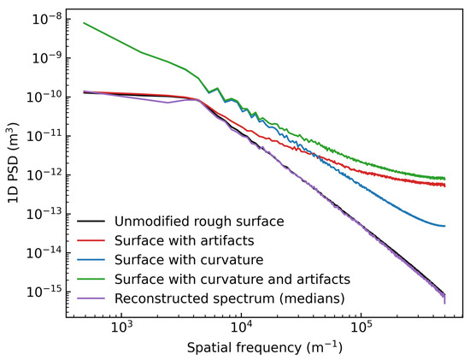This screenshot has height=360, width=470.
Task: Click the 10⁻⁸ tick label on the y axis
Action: pyautogui.click(x=47, y=19)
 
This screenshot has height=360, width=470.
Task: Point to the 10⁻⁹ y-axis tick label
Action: pyautogui.click(x=47, y=58)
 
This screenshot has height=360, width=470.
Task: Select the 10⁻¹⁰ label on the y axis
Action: pyautogui.click(x=45, y=97)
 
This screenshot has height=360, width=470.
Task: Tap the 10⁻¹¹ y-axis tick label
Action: pyautogui.click(x=45, y=136)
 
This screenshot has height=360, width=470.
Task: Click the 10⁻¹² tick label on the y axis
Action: pyautogui.click(x=45, y=175)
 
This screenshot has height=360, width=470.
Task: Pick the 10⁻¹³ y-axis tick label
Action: pyautogui.click(x=45, y=214)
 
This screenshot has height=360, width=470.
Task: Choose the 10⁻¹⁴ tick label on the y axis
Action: pyautogui.click(x=45, y=253)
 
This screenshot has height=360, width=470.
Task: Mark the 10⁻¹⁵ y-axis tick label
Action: pyautogui.click(x=45, y=292)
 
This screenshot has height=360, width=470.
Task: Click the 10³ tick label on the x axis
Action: pyautogui.click(x=121, y=327)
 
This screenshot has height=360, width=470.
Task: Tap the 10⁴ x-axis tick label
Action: pyautogui.click(x=242, y=327)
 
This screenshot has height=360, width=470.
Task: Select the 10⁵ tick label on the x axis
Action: pyautogui.click(x=361, y=327)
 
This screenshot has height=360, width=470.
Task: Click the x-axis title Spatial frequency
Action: pyautogui.click(x=244, y=348)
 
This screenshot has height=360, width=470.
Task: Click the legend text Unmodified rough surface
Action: pyautogui.click(x=199, y=221)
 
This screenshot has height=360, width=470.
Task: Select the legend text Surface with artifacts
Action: pyautogui.click(x=185, y=240)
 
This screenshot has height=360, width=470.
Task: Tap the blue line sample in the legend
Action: pyautogui.click(x=91, y=260)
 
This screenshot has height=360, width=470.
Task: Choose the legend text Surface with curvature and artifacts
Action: pyautogui.click(x=232, y=280)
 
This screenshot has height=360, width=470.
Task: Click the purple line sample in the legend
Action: pyautogui.click(x=91, y=298)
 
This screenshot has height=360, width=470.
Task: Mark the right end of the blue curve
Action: pyautogui.click(x=445, y=226)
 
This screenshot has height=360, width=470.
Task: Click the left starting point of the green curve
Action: pyautogui.click(x=84, y=23)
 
